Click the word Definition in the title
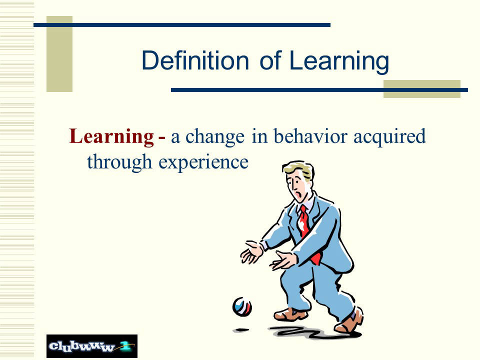tap(195, 60)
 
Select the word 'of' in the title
tap(270, 60)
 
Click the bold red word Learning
tap(111, 136)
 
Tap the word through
tap(119, 162)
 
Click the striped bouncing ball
tap(242, 306)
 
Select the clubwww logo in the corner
tap(92, 346)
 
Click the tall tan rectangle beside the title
tap(59, 54)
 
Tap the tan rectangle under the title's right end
tap(422, 89)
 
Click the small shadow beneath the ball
tap(241, 330)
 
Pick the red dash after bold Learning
tap(162, 139)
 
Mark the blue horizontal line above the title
tap(182, 25)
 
